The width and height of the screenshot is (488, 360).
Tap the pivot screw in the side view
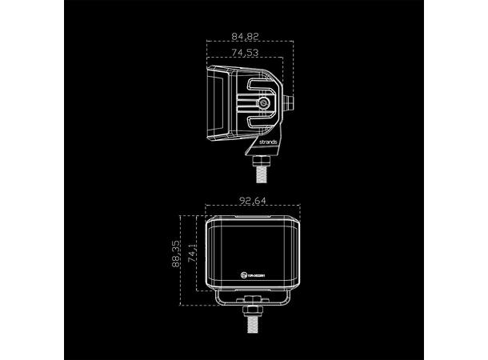tap(264, 103)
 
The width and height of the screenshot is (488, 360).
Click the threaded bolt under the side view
tap(261, 169)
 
